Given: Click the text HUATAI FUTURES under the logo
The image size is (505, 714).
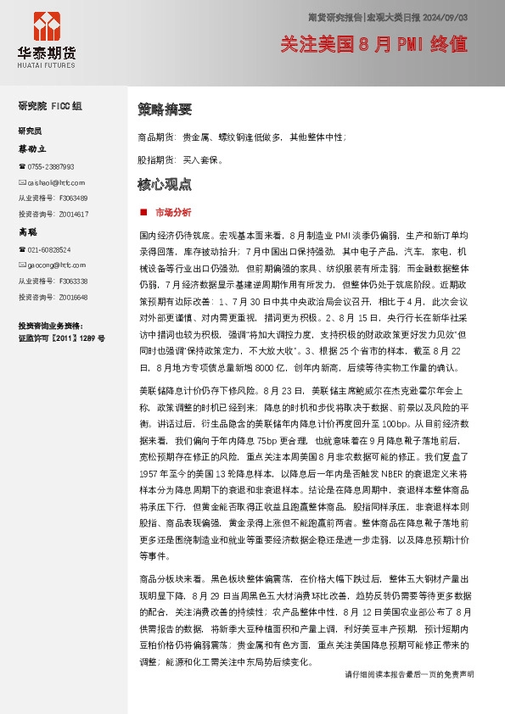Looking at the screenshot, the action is pyautogui.click(x=47, y=63).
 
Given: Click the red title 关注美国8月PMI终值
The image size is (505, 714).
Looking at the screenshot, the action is pyautogui.click(x=374, y=45).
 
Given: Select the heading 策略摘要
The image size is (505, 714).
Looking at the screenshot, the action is pyautogui.click(x=165, y=109).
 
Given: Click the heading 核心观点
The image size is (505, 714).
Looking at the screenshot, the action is pyautogui.click(x=165, y=184).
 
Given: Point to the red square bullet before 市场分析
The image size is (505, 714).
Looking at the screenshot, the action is pyautogui.click(x=143, y=211).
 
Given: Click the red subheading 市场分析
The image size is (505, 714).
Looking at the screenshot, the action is pyautogui.click(x=173, y=211).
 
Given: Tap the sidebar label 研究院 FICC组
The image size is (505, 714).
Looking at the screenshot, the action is pyautogui.click(x=50, y=106).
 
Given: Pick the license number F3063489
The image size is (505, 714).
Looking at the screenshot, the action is pyautogui.click(x=73, y=198).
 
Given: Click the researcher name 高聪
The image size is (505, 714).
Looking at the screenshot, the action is pyautogui.click(x=28, y=231).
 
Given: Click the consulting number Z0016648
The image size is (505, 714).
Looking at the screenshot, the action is pyautogui.click(x=73, y=297).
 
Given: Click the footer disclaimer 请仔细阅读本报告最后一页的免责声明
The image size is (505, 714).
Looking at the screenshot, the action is pyautogui.click(x=409, y=697).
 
